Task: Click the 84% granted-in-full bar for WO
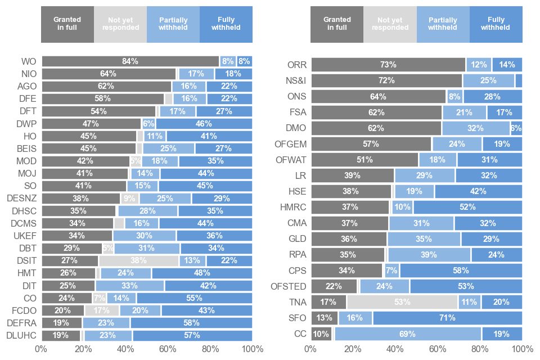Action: click(x=130, y=61)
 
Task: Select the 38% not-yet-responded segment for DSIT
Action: click(x=139, y=260)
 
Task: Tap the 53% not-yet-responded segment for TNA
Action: click(x=402, y=302)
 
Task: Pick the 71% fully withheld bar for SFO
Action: click(x=447, y=318)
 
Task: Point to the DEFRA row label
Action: click(x=21, y=323)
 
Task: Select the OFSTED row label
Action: click(x=288, y=286)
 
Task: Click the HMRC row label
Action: click(x=293, y=207)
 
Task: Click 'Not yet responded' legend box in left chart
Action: click(x=120, y=24)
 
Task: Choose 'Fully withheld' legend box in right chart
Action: click(x=496, y=24)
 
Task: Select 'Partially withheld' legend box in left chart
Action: click(x=173, y=24)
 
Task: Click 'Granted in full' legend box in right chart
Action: click(x=337, y=24)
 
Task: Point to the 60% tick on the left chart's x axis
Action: click(x=168, y=349)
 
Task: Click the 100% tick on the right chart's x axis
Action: click(x=521, y=349)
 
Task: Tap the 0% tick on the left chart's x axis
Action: click(x=41, y=349)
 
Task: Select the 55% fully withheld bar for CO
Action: click(x=194, y=298)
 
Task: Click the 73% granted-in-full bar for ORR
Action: click(x=388, y=65)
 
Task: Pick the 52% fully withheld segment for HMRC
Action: click(x=467, y=207)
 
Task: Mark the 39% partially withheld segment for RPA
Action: click(x=429, y=254)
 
